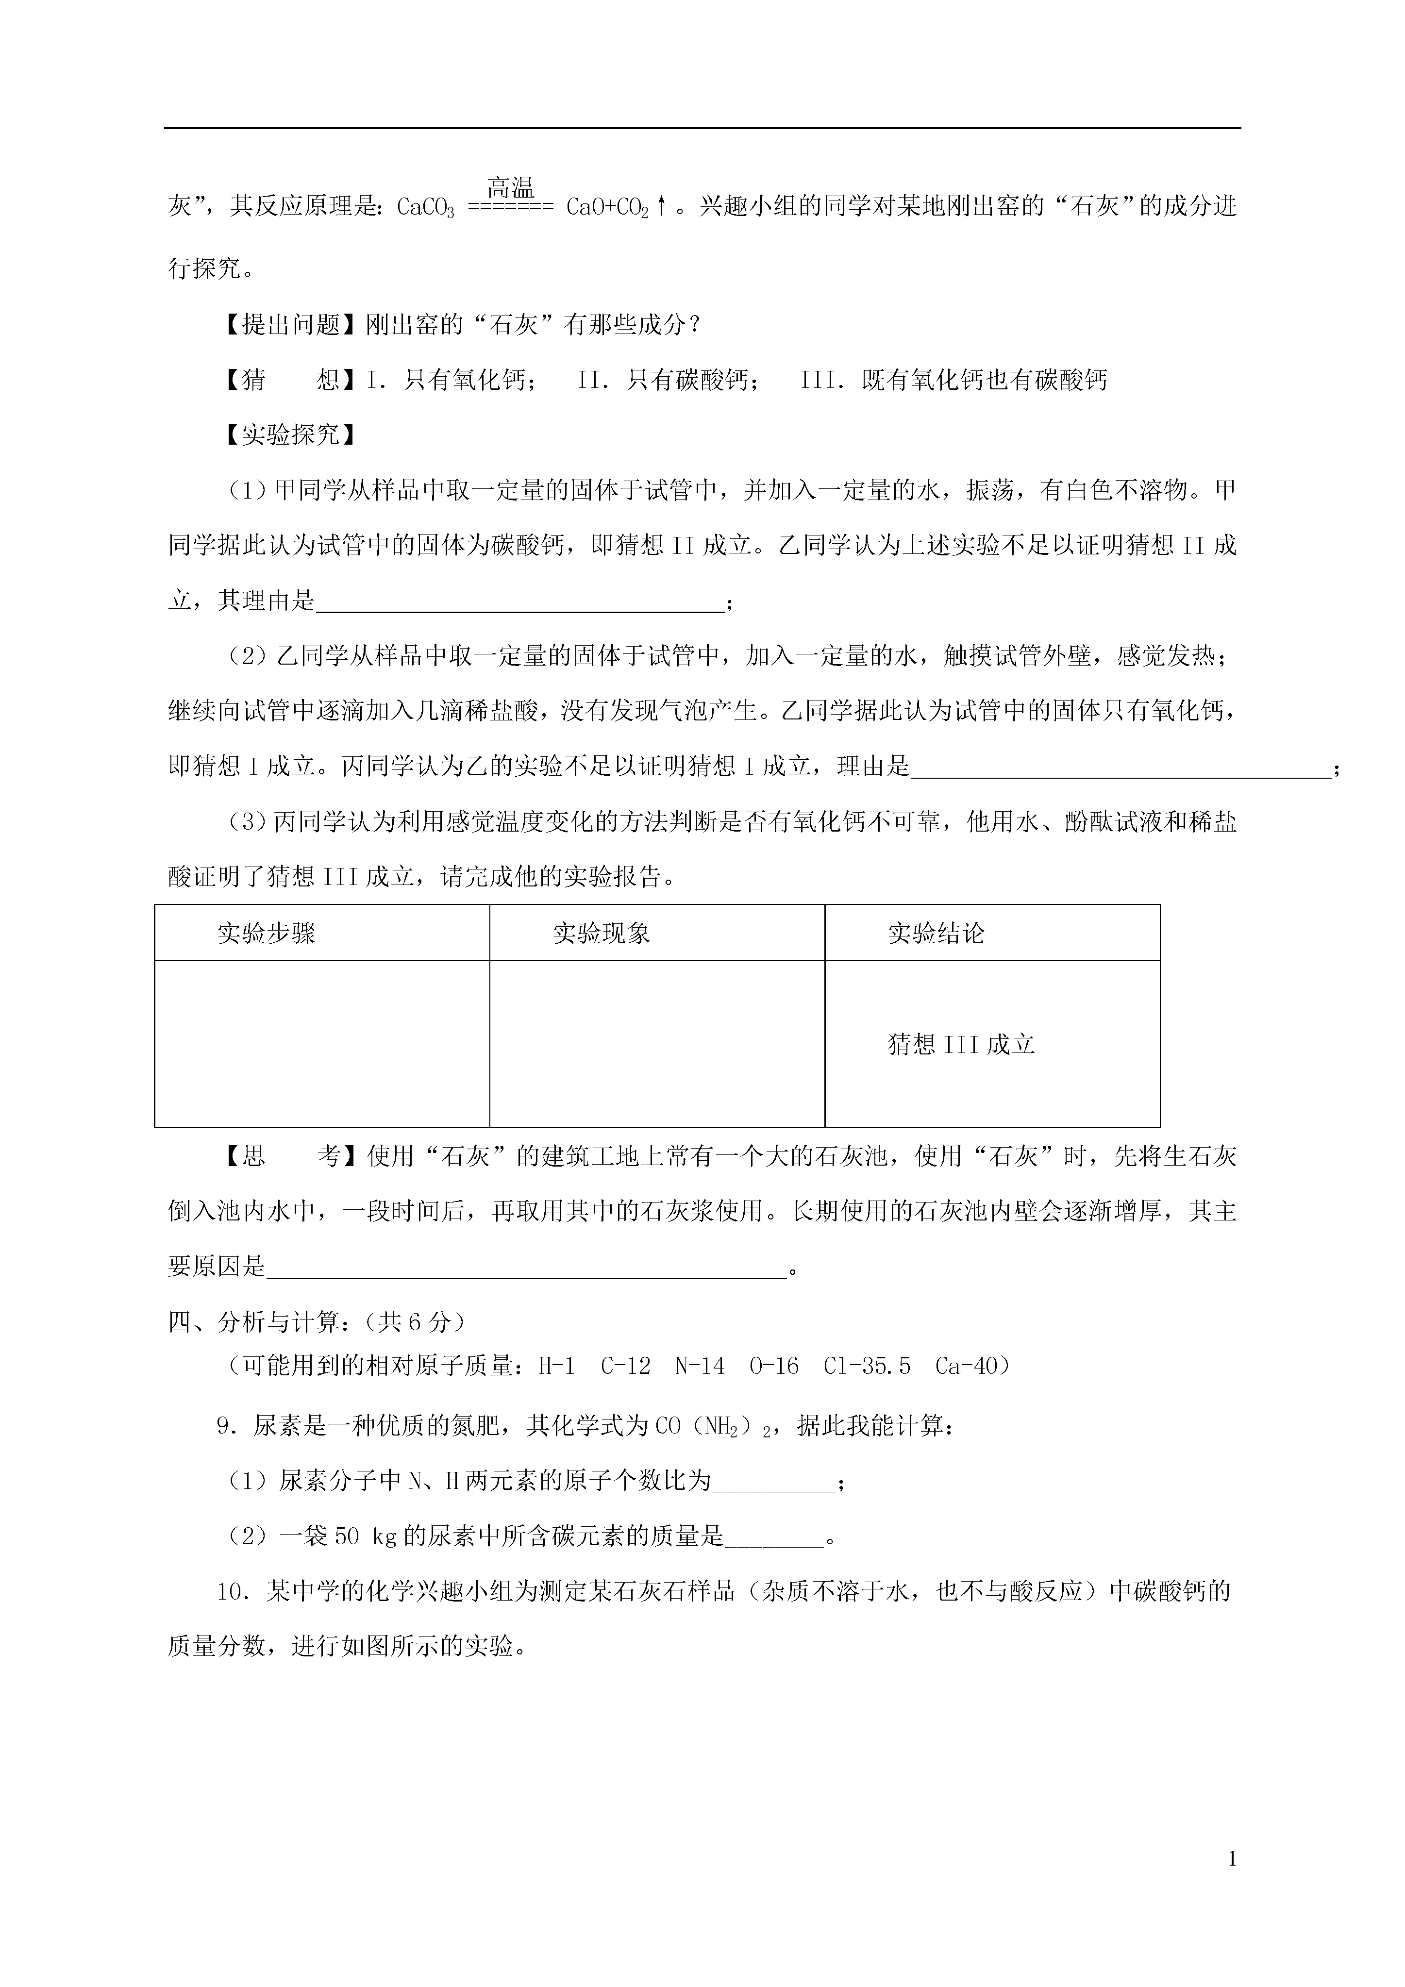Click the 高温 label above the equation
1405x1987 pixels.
pyautogui.click(x=511, y=187)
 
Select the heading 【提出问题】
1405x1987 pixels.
pyautogui.click(x=289, y=324)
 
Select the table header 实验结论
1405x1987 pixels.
pyautogui.click(x=936, y=933)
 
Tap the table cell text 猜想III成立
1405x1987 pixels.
pyautogui.click(x=961, y=1045)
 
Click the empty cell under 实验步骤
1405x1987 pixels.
pyautogui.click(x=322, y=1044)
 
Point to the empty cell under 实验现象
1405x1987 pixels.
pyautogui.click(x=657, y=1044)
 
